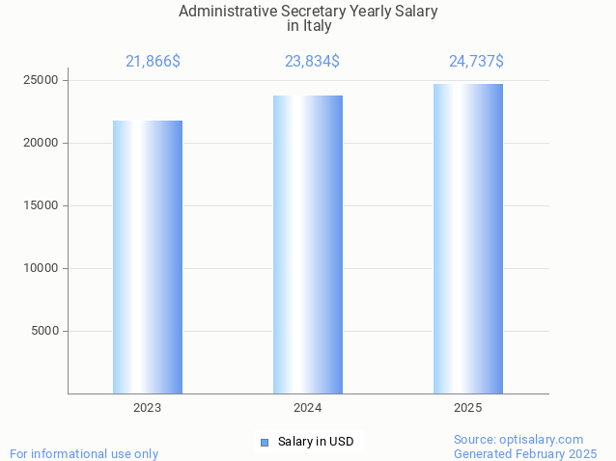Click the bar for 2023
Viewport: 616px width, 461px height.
point(148,257)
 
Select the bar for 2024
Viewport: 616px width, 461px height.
point(308,244)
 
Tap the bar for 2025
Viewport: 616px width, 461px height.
point(468,238)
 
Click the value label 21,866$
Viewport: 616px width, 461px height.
point(153,62)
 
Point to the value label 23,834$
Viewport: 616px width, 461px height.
point(312,62)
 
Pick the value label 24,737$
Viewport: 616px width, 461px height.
point(476,62)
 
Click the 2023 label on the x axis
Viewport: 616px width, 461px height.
point(148,408)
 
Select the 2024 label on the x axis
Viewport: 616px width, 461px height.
point(308,408)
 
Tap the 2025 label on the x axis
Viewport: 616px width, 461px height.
point(468,408)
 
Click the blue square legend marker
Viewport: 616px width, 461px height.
point(265,443)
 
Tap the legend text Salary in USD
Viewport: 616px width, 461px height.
point(316,442)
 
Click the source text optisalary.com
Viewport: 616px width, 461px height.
point(546,439)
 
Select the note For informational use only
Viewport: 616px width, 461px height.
point(84,453)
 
